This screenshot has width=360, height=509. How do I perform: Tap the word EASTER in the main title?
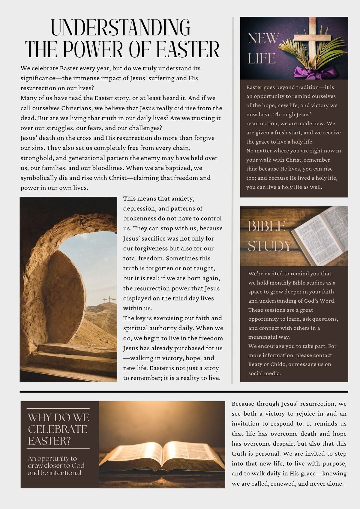pyautogui.click(x=188, y=49)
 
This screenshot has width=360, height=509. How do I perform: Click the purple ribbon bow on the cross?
pyautogui.click(x=315, y=72)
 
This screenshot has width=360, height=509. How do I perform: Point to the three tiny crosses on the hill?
pyautogui.click(x=109, y=299)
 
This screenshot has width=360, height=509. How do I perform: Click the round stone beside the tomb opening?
pyautogui.click(x=64, y=297)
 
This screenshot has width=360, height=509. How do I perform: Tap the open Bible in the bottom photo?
pyautogui.click(x=162, y=456)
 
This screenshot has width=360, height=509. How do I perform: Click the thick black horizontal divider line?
pyautogui.click(x=184, y=391)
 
